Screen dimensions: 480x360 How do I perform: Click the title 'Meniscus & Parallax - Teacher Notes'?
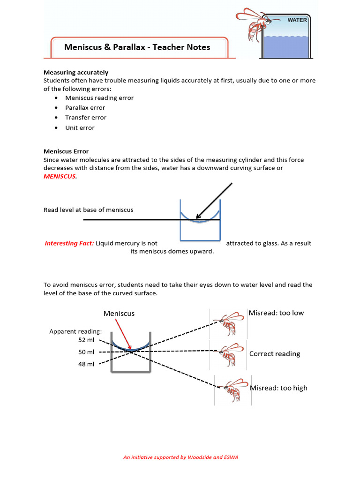pyautogui.click(x=137, y=47)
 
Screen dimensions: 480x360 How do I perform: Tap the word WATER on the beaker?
pyautogui.click(x=297, y=20)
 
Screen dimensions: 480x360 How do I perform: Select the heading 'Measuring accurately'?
pyautogui.click(x=76, y=72)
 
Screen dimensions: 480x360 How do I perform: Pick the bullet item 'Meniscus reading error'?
pyautogui.click(x=99, y=98)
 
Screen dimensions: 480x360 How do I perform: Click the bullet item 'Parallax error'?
pyautogui.click(x=85, y=108)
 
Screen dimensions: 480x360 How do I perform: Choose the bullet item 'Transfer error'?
pyautogui.click(x=86, y=118)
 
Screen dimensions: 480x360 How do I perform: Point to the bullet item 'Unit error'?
pyautogui.click(x=80, y=127)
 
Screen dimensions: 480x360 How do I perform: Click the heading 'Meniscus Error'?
pyautogui.click(x=66, y=151)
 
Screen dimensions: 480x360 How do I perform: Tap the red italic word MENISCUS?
pyautogui.click(x=60, y=176)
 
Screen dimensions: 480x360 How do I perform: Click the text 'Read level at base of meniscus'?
pyautogui.click(x=88, y=210)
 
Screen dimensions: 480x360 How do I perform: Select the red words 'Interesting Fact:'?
pyautogui.click(x=69, y=243)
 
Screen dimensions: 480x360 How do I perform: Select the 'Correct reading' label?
pyautogui.click(x=275, y=354)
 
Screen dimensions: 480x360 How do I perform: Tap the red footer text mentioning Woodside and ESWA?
pyautogui.click(x=180, y=457)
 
